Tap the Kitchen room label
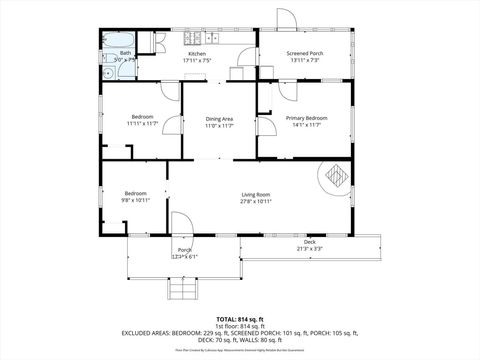click(x=197, y=53)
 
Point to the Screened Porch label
click(x=305, y=53)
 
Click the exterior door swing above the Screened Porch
click(x=285, y=19)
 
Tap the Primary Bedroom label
click(x=305, y=118)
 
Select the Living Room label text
click(x=256, y=194)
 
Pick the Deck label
click(x=310, y=241)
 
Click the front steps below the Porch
click(x=182, y=291)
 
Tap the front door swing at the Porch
click(x=181, y=223)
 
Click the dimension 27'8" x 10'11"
click(x=256, y=201)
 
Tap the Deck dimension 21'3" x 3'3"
click(x=310, y=248)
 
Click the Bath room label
click(x=125, y=53)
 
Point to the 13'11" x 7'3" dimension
click(x=305, y=60)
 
